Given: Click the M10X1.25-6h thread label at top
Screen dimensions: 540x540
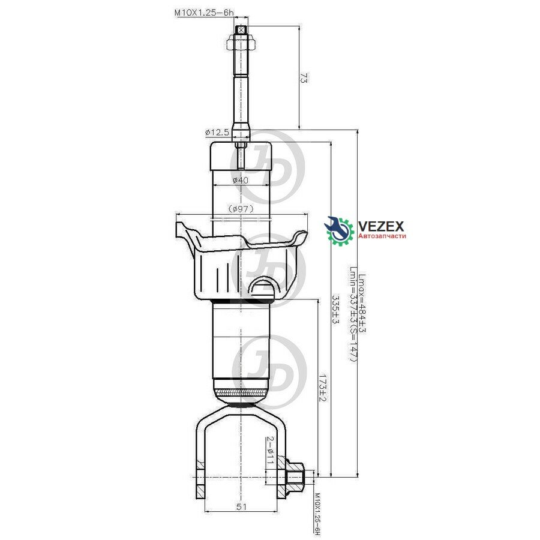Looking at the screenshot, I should (203, 11).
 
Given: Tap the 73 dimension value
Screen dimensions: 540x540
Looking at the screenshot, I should (305, 78).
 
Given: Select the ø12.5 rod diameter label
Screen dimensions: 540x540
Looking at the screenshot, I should (217, 131).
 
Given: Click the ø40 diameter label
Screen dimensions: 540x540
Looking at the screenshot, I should (241, 180).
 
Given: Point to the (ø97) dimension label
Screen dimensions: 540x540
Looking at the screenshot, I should (241, 208).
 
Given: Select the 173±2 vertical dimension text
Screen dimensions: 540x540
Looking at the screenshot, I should (323, 391).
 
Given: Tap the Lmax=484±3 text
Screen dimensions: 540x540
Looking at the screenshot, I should (362, 304).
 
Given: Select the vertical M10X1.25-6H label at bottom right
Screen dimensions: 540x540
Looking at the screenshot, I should (318, 514).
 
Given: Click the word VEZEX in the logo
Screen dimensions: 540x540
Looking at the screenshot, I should (381, 226).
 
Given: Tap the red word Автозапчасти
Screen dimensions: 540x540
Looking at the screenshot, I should (382, 237).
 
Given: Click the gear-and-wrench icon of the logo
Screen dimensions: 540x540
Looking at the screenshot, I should (340, 231).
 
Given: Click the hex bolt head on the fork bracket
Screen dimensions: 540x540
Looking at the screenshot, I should (296, 476).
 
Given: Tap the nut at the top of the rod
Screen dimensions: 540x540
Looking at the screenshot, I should (241, 44).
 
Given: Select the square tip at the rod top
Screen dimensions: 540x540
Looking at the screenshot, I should (241, 29).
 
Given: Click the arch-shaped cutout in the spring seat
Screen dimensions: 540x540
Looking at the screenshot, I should (263, 286).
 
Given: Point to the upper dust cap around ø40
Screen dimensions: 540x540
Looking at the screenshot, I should (241, 158).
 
